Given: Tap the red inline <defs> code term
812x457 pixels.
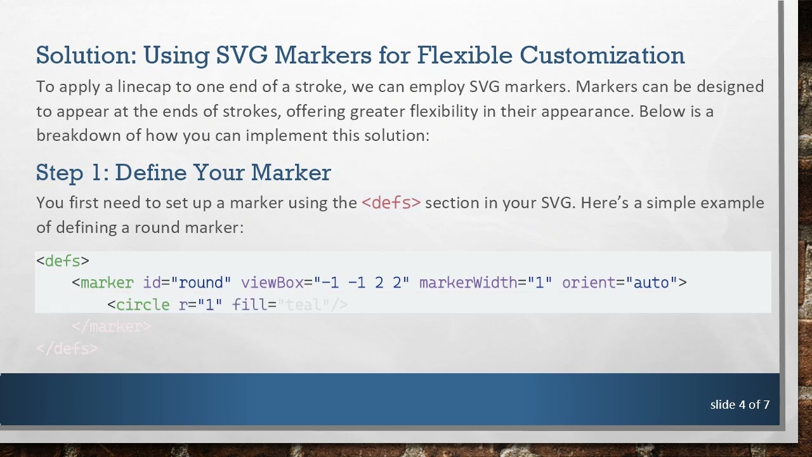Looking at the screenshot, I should [391, 203].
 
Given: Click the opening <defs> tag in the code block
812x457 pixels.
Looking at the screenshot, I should [63, 261].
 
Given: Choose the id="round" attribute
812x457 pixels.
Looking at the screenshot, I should [187, 282].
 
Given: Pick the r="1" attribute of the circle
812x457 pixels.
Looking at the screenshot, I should [200, 305].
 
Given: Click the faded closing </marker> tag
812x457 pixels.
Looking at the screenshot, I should [112, 327].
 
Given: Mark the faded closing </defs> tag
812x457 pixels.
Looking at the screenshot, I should [67, 348].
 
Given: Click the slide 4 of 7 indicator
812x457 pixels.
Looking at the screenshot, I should [740, 404].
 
